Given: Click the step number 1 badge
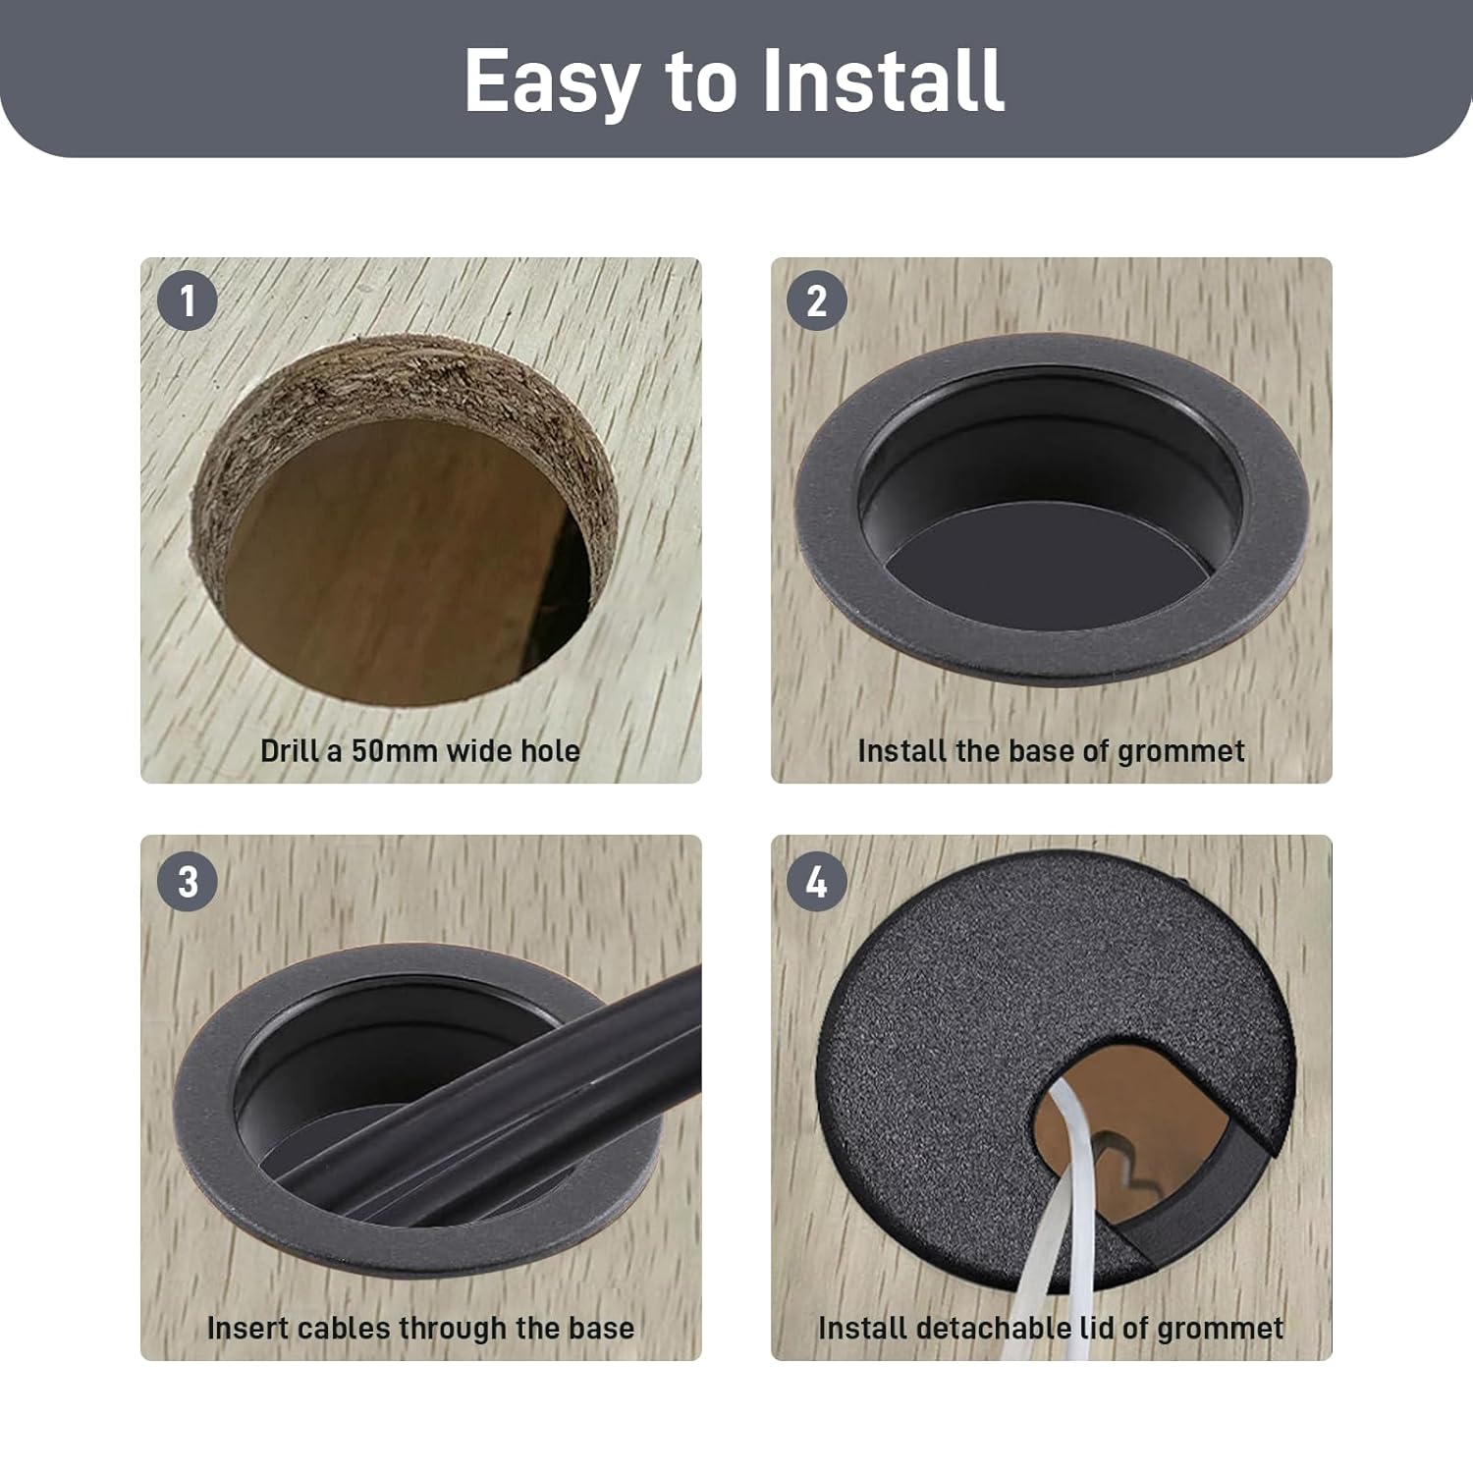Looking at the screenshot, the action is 187,300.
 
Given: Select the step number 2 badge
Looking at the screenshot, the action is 817,300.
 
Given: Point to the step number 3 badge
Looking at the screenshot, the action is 187,881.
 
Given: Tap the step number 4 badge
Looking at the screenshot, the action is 817,881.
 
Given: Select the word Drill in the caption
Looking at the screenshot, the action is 290,751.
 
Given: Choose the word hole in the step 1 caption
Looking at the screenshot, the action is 550,751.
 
